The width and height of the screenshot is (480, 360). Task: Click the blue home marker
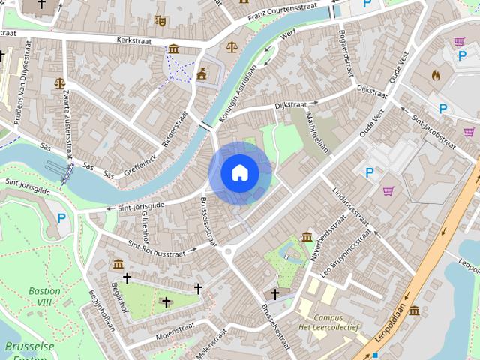(x=239, y=173)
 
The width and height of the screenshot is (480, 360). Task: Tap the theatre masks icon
(x=159, y=20)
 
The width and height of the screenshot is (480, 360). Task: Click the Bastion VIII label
(x=45, y=296)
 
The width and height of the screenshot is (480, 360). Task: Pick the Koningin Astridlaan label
(x=237, y=94)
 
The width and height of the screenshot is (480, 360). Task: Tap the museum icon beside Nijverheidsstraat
(x=307, y=237)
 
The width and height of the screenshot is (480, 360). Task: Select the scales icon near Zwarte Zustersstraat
(x=59, y=83)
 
